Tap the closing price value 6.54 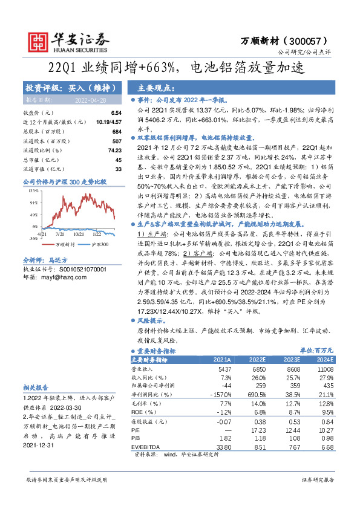pyautogui.click(x=116, y=113)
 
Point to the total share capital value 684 pyautogui.click(x=117, y=131)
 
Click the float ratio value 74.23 pyautogui.click(x=114, y=150)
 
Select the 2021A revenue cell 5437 pyautogui.click(x=224, y=368)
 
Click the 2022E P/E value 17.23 pyautogui.click(x=258, y=430)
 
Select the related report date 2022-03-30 pyautogui.click(x=65, y=407)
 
